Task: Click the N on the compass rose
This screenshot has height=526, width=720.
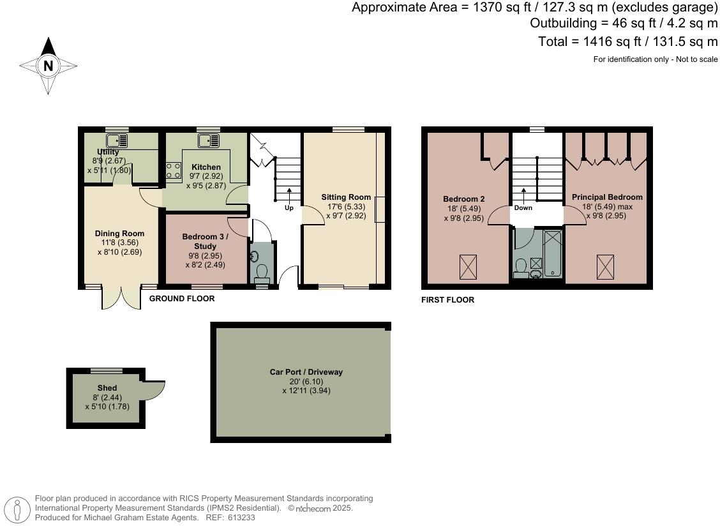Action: tap(48, 65)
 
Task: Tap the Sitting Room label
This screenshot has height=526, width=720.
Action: tap(346, 197)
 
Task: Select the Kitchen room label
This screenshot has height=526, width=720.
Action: tap(206, 167)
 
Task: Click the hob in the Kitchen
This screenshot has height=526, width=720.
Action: tap(173, 170)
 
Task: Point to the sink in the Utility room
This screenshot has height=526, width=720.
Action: tap(117, 140)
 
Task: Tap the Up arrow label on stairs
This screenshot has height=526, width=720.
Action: tap(289, 207)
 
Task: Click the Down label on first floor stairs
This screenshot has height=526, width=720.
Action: tap(523, 207)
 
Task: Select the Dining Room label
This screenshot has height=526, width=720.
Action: tap(119, 234)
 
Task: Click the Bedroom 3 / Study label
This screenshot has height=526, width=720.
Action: tap(205, 241)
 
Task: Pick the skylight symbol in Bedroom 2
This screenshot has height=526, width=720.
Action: tap(468, 266)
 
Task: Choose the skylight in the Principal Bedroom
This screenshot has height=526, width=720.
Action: tap(605, 266)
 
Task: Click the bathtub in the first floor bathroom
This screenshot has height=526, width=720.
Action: tap(553, 253)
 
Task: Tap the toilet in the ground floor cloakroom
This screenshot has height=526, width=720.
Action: tap(262, 273)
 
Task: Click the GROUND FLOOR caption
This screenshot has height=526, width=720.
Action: tap(182, 299)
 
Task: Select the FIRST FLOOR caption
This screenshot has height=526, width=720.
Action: tap(447, 300)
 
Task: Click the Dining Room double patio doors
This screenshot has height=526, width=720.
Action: tap(121, 297)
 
